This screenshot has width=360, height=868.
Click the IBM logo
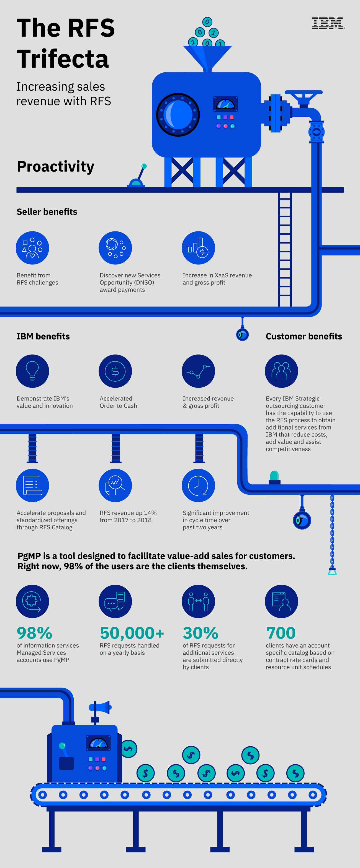pos(328,23)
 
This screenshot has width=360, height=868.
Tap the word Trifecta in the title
pos(63,59)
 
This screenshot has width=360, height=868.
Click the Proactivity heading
pos(56,167)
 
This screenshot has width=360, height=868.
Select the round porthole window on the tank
pos(178,114)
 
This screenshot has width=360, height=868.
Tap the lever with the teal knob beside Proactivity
pos(138,177)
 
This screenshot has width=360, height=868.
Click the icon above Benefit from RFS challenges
pos(32,248)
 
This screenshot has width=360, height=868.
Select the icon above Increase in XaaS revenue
pos(198,248)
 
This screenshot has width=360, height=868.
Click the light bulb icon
pos(32,371)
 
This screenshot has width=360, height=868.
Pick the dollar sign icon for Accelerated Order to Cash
pos(115,371)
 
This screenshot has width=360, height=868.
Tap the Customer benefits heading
pos(304,336)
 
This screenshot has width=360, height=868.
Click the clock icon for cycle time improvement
pos(198,485)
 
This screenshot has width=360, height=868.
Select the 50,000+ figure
pos(132,633)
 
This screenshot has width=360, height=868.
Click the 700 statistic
pos(281,633)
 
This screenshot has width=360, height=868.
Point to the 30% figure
pos(200,633)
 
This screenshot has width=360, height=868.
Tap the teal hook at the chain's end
pos(332,571)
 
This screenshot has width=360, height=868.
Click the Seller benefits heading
pos(47,212)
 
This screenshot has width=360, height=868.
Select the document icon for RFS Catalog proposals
pos(32,485)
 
